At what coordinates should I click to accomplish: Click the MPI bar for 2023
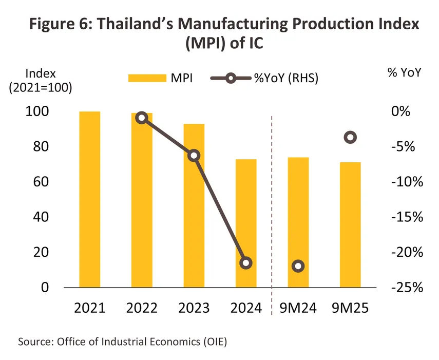click(194, 205)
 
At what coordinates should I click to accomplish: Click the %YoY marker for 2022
click(142, 118)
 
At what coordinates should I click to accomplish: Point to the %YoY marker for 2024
click(246, 263)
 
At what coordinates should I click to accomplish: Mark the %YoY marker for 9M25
click(350, 137)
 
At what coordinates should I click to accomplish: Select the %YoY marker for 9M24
click(298, 266)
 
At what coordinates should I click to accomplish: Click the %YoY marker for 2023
click(194, 156)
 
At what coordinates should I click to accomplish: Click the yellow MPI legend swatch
click(144, 78)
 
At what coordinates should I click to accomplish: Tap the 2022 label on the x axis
click(142, 308)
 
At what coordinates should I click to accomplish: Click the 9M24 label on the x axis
click(298, 308)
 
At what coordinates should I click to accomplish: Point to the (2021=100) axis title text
click(41, 87)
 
